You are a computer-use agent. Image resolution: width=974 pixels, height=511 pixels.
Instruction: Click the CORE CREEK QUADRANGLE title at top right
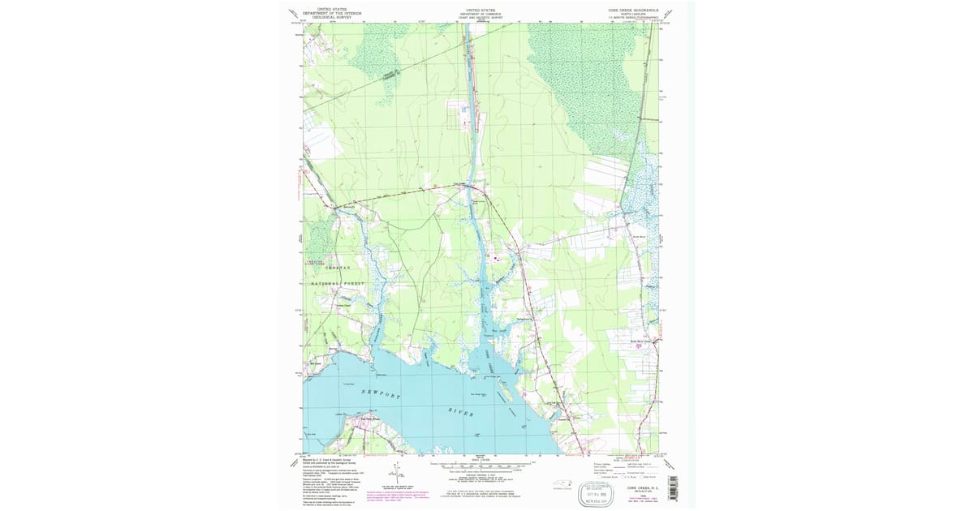631,11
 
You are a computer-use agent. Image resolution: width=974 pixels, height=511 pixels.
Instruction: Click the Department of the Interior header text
331,12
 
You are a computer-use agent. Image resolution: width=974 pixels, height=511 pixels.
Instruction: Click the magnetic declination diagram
395,472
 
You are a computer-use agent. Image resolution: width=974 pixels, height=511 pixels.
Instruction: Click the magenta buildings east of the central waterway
493,260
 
